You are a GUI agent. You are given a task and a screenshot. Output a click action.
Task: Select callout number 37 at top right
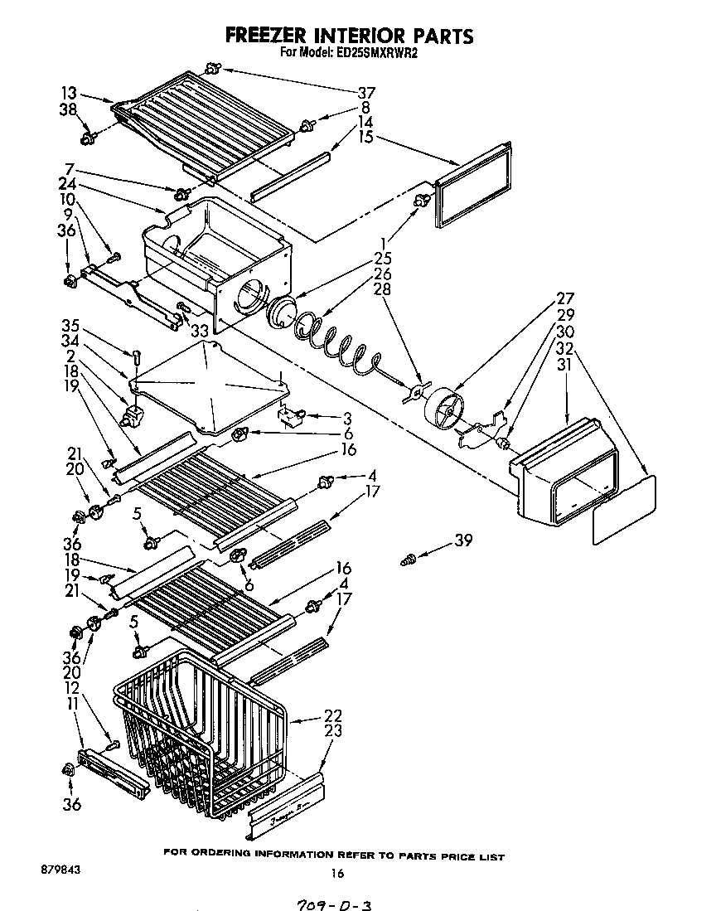tap(365, 92)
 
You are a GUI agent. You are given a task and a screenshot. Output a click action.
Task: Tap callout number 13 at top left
tap(68, 93)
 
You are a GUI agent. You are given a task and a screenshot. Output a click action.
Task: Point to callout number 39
tap(463, 541)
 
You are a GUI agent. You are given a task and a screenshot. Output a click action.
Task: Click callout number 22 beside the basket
tap(333, 715)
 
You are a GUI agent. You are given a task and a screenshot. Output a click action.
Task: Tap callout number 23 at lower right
tap(333, 732)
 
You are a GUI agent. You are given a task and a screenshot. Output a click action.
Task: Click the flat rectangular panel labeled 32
tap(623, 510)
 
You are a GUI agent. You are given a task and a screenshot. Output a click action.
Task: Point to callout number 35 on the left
tap(71, 325)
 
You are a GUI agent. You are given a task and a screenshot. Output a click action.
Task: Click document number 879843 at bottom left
tap(59, 870)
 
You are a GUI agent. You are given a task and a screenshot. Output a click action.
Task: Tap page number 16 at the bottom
tap(336, 872)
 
